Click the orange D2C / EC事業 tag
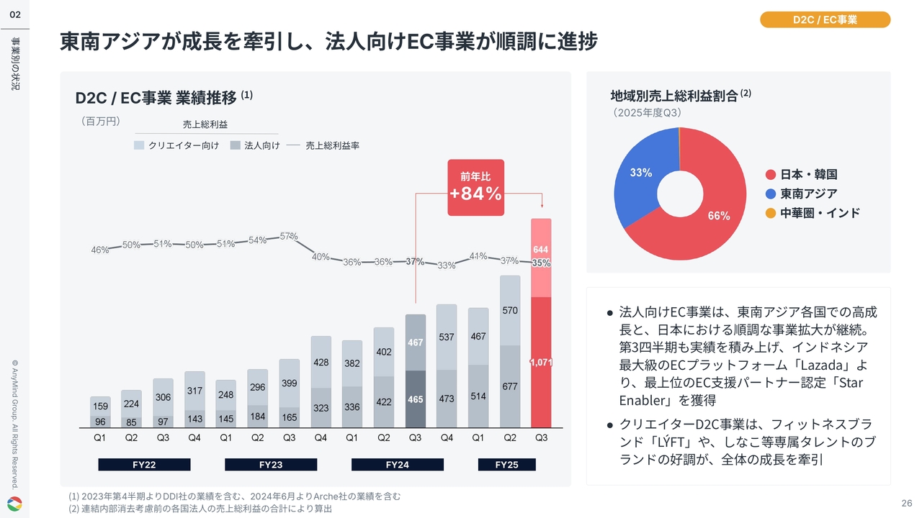(825, 20)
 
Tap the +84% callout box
(475, 187)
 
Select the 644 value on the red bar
(541, 250)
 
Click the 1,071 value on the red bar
(541, 363)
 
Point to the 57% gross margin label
(289, 236)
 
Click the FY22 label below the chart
(144, 465)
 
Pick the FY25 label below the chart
(506, 465)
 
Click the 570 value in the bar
(510, 311)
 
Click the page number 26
(906, 502)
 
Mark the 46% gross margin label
(99, 250)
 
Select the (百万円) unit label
(99, 121)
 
